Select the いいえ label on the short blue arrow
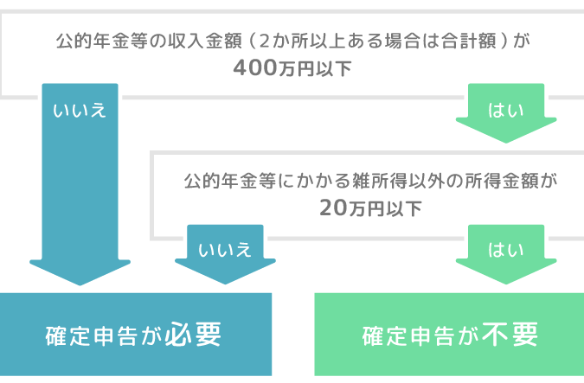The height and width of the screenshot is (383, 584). click(x=225, y=250)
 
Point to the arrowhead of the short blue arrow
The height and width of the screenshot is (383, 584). click(x=225, y=272)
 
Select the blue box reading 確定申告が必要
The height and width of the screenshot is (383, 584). click(x=135, y=335)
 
